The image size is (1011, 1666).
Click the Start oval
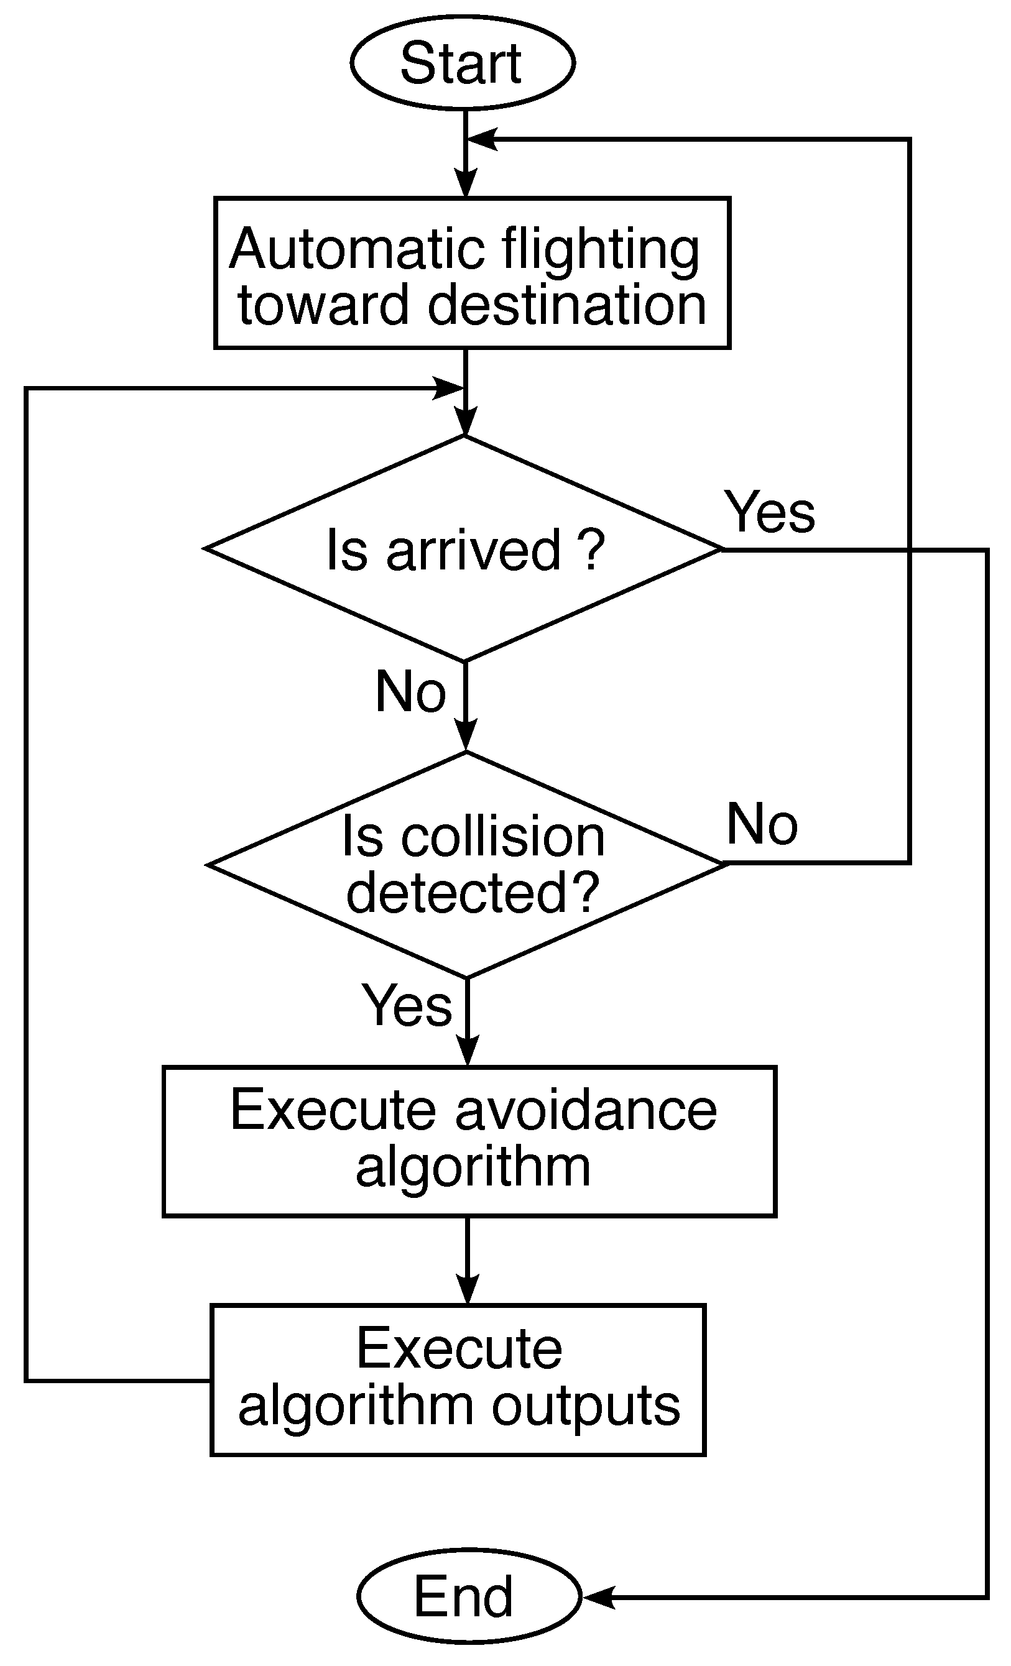[x=463, y=62]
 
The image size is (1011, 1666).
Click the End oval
[x=468, y=1596]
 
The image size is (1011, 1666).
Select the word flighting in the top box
[x=601, y=250]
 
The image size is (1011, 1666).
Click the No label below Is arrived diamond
[x=410, y=692]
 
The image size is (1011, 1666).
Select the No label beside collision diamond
[x=762, y=824]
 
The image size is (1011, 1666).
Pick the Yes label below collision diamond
[x=407, y=1005]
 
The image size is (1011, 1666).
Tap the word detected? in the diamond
[x=473, y=893]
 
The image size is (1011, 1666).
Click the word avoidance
[x=586, y=1110]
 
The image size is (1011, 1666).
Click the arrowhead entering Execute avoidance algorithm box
[x=468, y=1052]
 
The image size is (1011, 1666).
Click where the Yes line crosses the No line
[x=910, y=550]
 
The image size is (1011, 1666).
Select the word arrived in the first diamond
[x=473, y=550]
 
